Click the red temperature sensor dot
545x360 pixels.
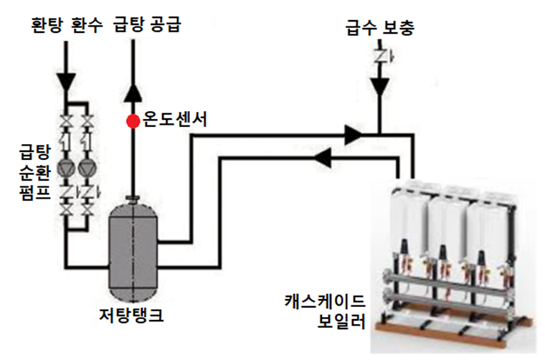pyautogui.click(x=133, y=121)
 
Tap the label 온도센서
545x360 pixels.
pyautogui.click(x=175, y=119)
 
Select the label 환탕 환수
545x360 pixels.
pyautogui.click(x=67, y=25)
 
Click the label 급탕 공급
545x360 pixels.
pyautogui.click(x=147, y=25)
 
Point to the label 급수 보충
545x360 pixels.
pyautogui.click(x=380, y=28)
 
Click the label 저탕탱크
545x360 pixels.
pyautogui.click(x=131, y=315)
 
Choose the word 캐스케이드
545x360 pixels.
pyautogui.click(x=325, y=301)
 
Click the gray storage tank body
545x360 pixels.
pyautogui.click(x=133, y=253)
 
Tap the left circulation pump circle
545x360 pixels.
pyautogui.click(x=66, y=169)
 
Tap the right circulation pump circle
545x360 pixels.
pyautogui.click(x=87, y=169)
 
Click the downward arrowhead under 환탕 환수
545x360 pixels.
pyautogui.click(x=66, y=82)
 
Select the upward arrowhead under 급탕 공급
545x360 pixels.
pyautogui.click(x=133, y=93)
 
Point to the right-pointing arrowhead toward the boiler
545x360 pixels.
pyautogui.click(x=353, y=135)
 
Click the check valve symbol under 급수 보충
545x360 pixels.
pyautogui.click(x=381, y=57)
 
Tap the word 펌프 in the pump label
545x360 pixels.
pyautogui.click(x=35, y=192)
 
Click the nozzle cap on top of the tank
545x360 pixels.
pyautogui.click(x=133, y=199)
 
